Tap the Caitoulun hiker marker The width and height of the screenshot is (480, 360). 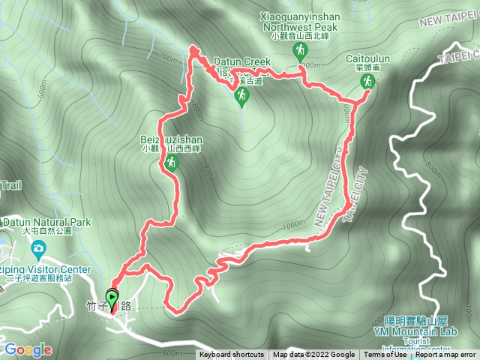click(367, 82)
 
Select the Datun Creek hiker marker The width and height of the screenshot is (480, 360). click(241, 95)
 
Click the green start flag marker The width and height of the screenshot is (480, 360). click(112, 299)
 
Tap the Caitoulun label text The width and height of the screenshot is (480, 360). click(366, 58)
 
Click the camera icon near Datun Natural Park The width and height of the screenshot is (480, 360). click(39, 247)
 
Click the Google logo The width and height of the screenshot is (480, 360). click(27, 349)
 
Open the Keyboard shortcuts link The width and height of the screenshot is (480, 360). click(231, 355)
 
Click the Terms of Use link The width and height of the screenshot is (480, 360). click(381, 355)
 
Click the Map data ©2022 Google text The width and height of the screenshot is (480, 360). click(313, 355)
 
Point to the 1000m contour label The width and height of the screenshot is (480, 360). click(294, 224)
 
